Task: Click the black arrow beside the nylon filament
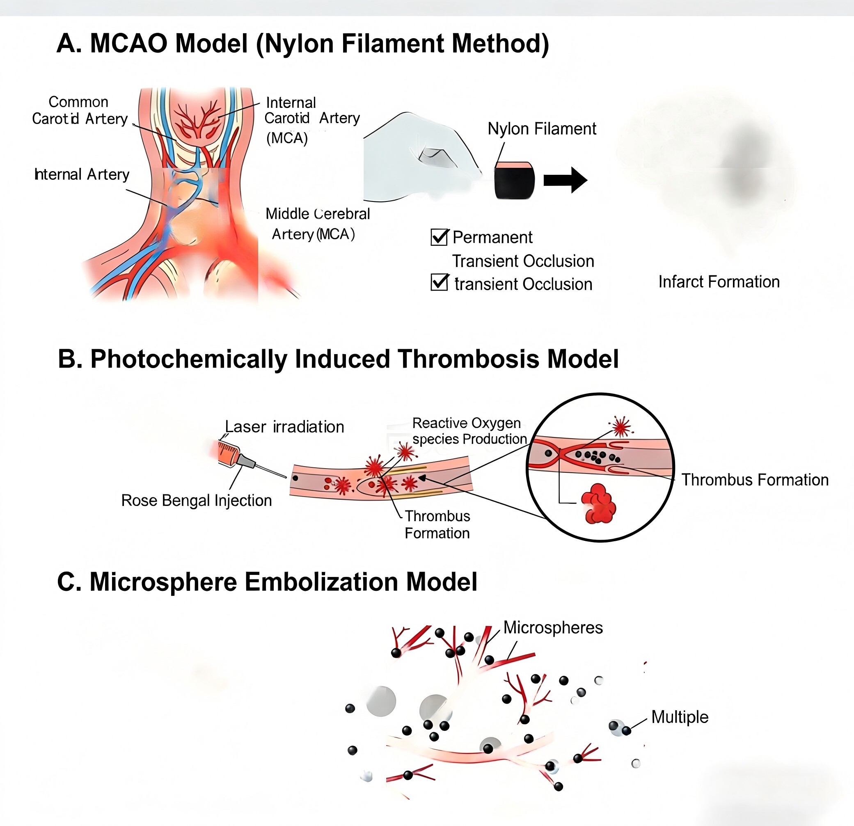pyautogui.click(x=565, y=180)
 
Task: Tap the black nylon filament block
pyautogui.click(x=514, y=181)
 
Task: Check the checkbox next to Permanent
pyautogui.click(x=439, y=237)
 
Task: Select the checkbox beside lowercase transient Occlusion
pyautogui.click(x=439, y=282)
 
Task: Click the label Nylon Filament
pyautogui.click(x=542, y=128)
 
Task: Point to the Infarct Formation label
pyautogui.click(x=719, y=282)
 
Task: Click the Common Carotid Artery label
pyautogui.click(x=80, y=110)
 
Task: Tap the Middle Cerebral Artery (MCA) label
pyautogui.click(x=317, y=224)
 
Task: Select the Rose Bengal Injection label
pyautogui.click(x=197, y=501)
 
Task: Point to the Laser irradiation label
pyautogui.click(x=284, y=427)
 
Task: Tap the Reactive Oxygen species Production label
pyautogui.click(x=470, y=431)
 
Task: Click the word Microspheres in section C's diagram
pyautogui.click(x=553, y=628)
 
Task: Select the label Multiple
pyautogui.click(x=680, y=718)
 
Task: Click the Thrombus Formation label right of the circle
pyautogui.click(x=755, y=480)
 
